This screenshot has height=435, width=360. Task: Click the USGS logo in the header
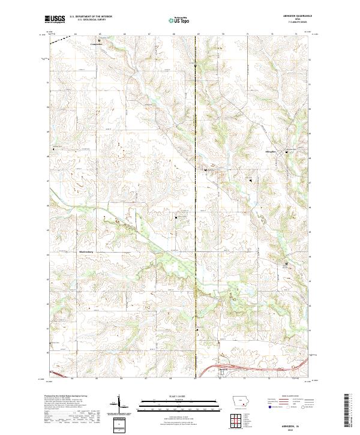coord(55,19)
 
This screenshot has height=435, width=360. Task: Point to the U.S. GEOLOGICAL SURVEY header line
coord(91,20)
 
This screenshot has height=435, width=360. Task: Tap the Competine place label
coord(97,44)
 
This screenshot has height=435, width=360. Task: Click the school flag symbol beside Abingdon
coord(286,152)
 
